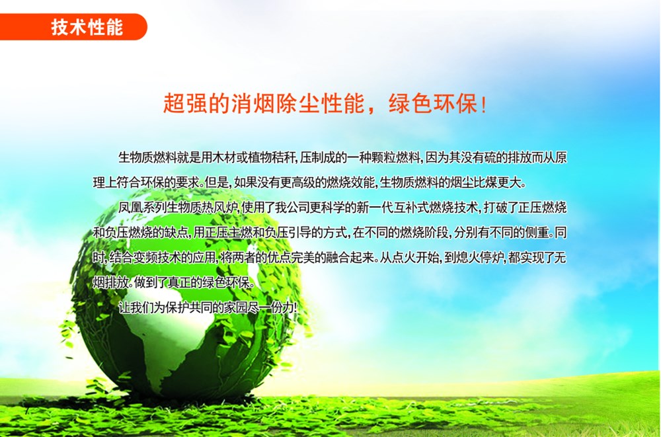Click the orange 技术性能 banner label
click(87, 27)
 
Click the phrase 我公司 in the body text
click(292, 208)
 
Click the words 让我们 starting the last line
click(136, 307)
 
